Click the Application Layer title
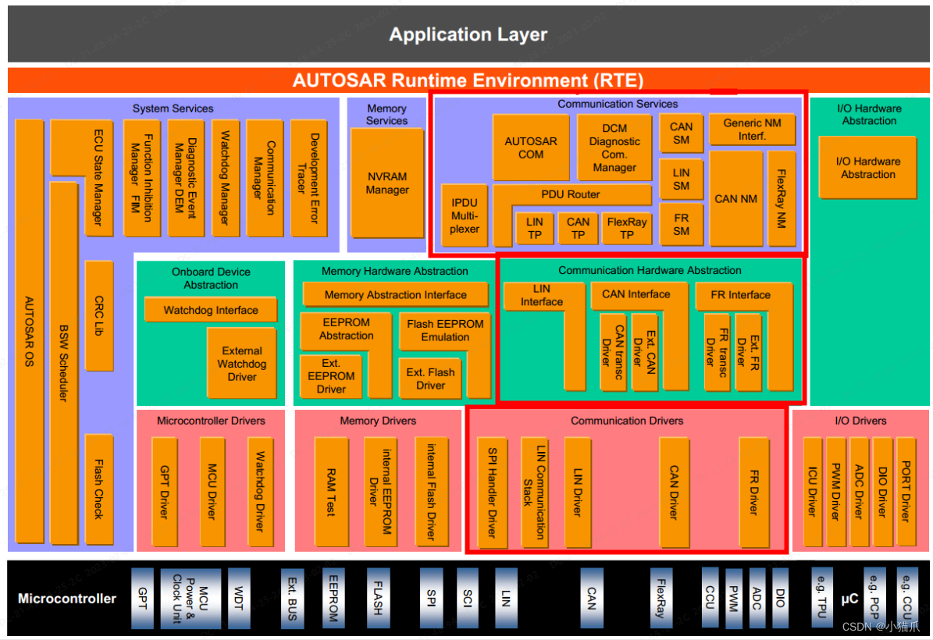point(468,35)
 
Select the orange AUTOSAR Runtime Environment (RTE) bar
point(468,80)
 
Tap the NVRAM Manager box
point(386,183)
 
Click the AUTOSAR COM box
point(531,148)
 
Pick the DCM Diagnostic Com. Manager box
point(614,148)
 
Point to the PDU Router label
point(572,194)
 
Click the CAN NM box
point(735,199)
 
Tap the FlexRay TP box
point(626,228)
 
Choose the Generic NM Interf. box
point(752,130)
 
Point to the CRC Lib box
point(98,315)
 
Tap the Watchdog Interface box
point(210,310)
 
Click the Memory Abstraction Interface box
point(395,294)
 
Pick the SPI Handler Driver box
point(492,492)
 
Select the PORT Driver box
point(906,491)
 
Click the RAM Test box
point(331,492)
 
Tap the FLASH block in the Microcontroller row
point(378,599)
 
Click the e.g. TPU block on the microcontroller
point(822,599)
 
